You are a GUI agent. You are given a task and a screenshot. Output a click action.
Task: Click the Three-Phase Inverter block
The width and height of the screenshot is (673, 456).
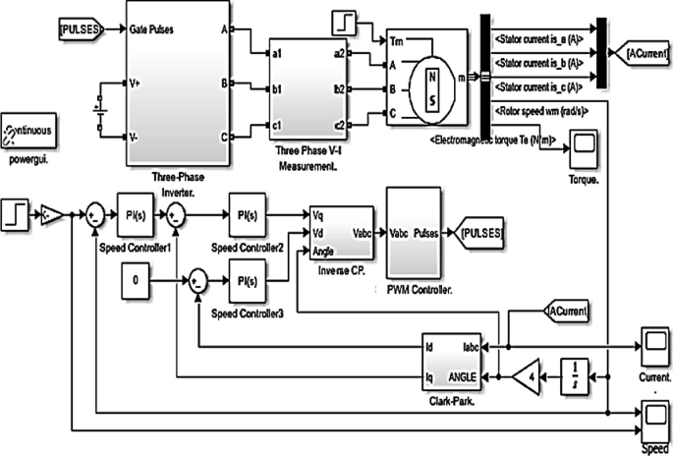(177, 84)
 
